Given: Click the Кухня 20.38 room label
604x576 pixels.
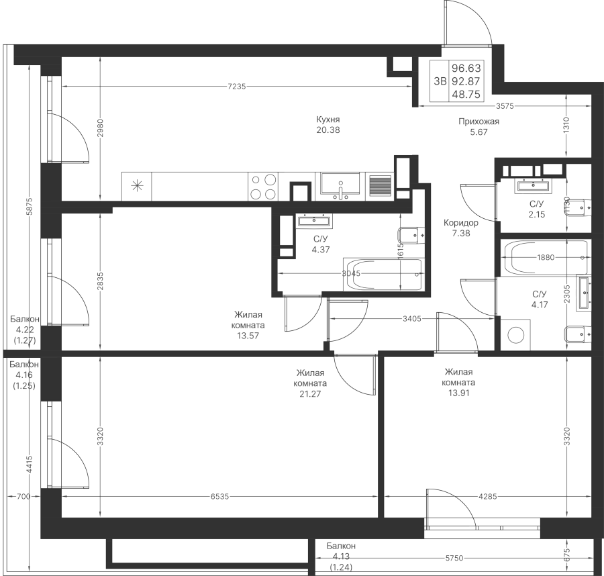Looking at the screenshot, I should point(328,125).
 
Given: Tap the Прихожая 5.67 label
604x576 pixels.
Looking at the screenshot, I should point(479,127).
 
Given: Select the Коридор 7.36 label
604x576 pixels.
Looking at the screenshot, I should point(460,228).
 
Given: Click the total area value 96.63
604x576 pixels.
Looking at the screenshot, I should point(466,68).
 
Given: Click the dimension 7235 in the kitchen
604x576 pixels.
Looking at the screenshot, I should point(237,86).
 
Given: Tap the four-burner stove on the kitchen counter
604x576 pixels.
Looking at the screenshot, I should point(262,186).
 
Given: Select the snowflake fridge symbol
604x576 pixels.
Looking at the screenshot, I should point(137,186).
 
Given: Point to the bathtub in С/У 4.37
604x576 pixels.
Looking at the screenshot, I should point(383,275).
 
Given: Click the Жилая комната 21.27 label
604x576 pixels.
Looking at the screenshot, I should point(311,383).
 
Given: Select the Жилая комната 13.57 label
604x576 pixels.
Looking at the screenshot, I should point(248,325).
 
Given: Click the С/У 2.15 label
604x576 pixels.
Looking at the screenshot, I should point(536,208).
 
